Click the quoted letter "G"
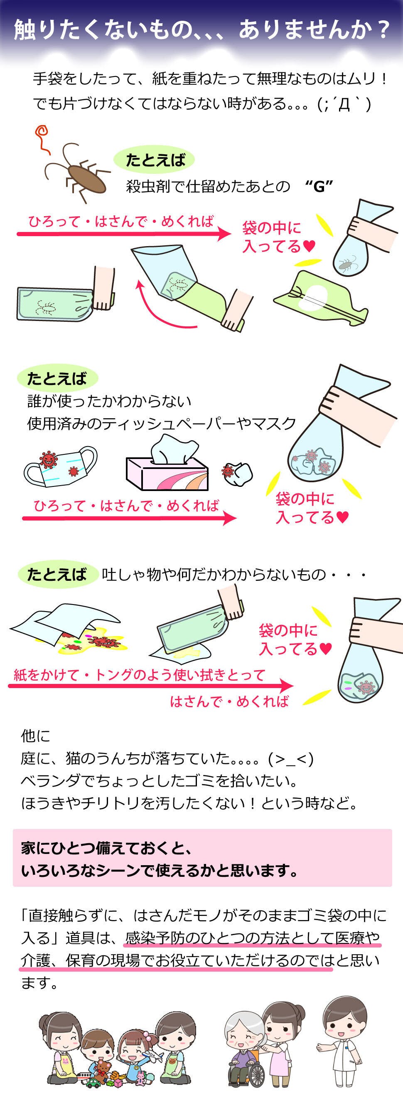319,187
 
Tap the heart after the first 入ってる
309,246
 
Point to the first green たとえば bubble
154,160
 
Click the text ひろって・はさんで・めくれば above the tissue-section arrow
126,506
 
